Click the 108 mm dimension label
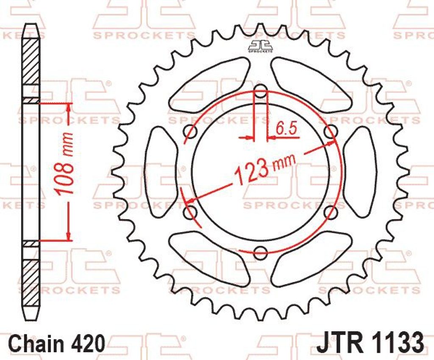[64, 163]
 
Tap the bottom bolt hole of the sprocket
[261, 251]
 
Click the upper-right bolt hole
[331, 131]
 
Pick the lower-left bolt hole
[191, 212]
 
